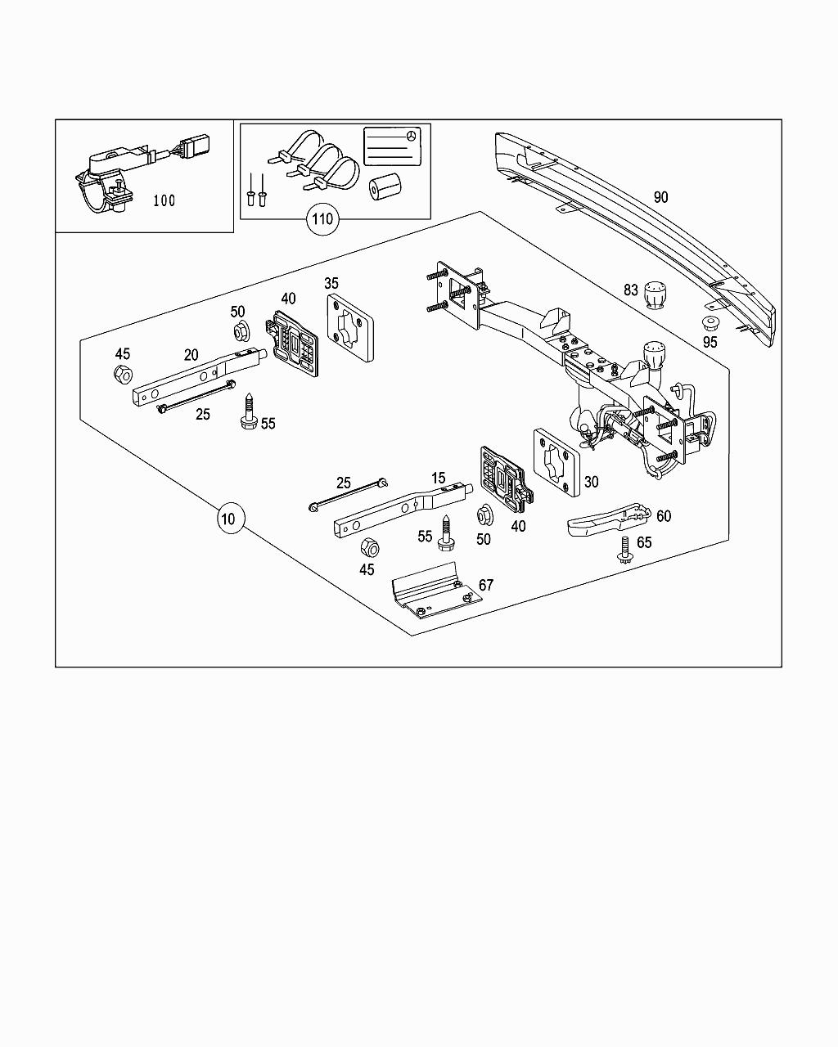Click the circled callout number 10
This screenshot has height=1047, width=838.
[231, 518]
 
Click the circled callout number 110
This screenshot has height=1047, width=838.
[322, 218]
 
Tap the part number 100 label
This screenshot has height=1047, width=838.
[164, 200]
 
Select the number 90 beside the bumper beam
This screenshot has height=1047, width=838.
[661, 197]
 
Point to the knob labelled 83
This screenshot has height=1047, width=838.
[656, 296]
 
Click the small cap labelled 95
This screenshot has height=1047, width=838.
[709, 323]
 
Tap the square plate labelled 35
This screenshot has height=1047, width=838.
[349, 329]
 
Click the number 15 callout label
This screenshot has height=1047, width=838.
[438, 479]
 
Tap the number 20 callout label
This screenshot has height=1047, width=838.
[191, 355]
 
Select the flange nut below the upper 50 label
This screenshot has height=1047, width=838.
[241, 331]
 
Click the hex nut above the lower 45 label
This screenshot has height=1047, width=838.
[368, 546]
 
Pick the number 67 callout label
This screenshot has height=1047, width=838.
[486, 585]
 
